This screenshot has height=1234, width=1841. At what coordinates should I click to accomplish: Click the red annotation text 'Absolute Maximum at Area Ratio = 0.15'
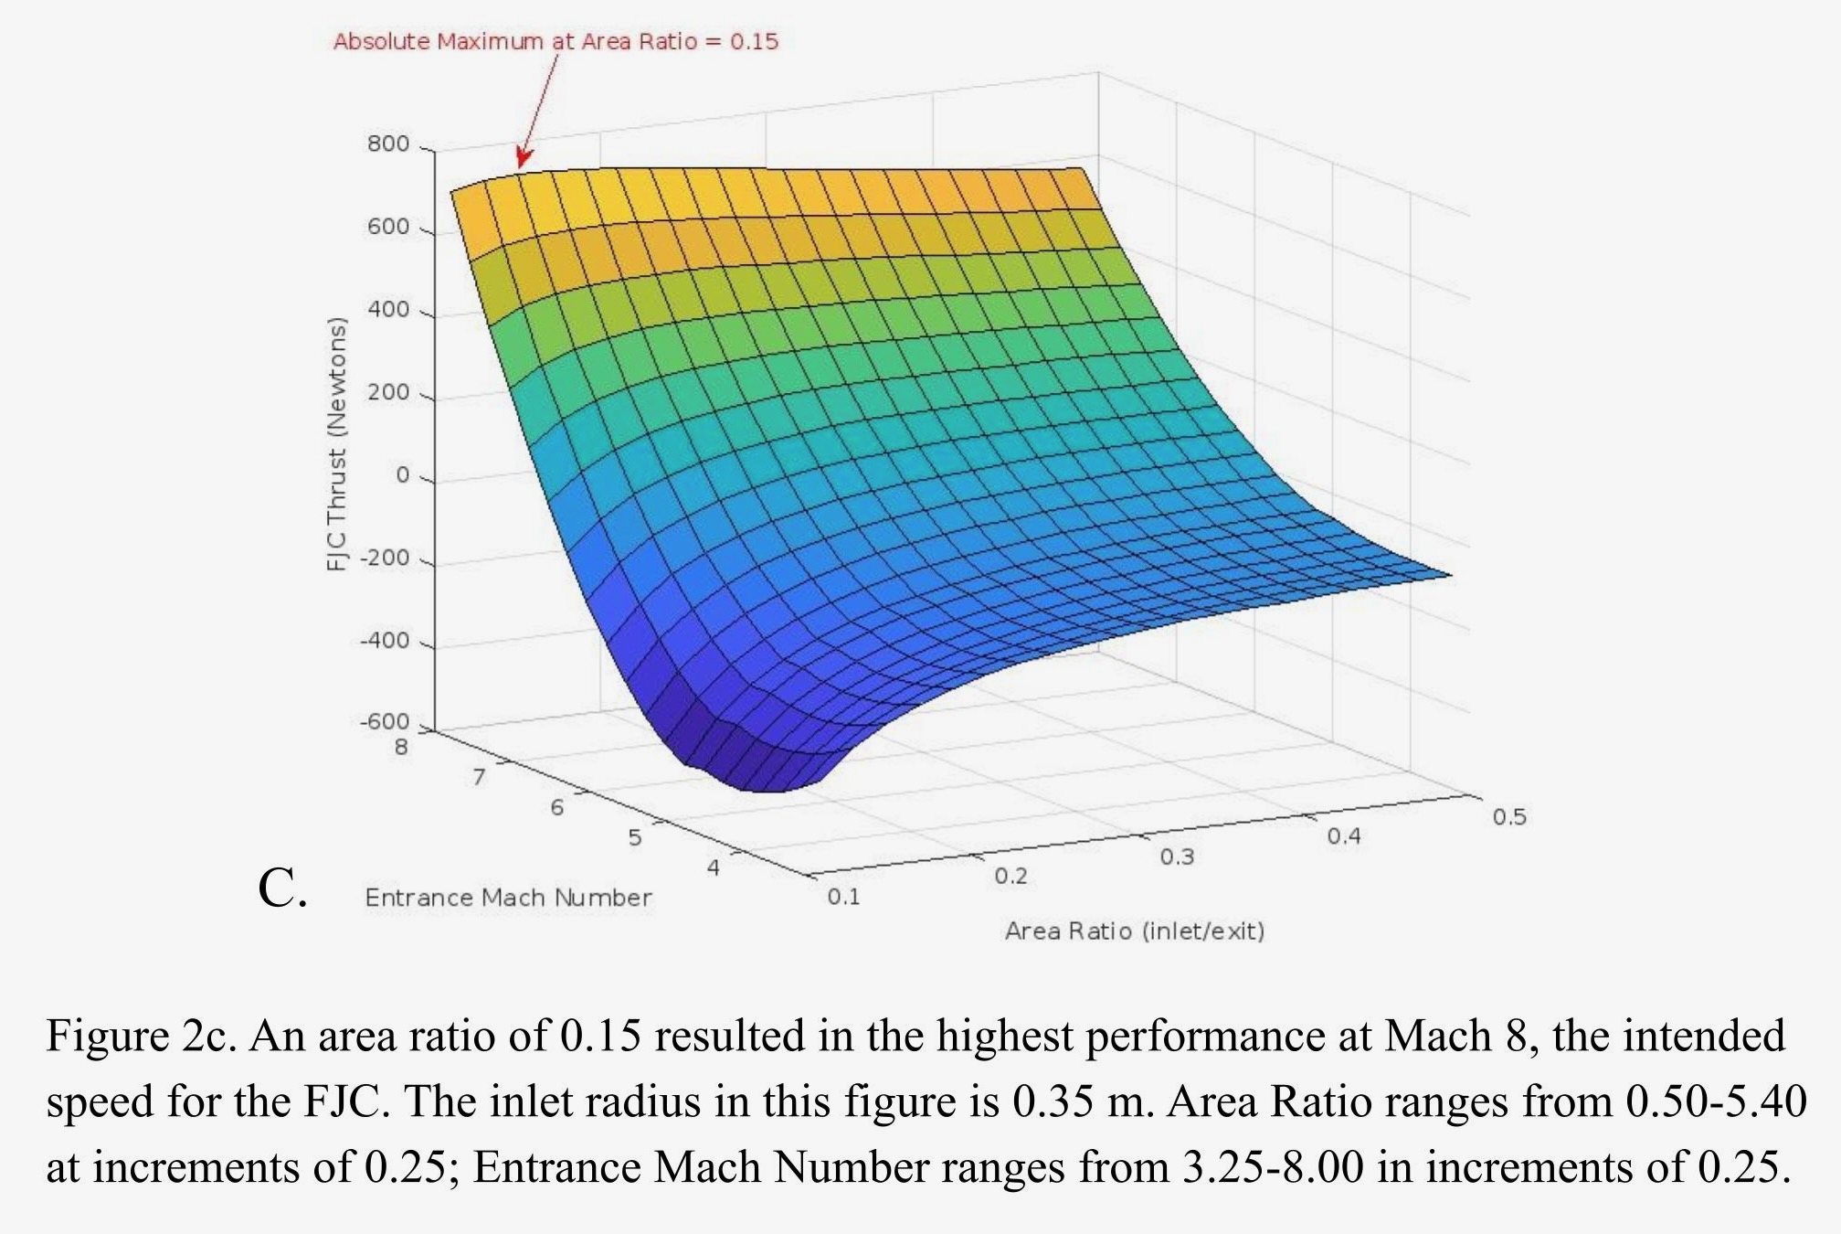[x=555, y=41]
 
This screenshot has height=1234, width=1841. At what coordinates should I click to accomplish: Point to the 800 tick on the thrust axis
[x=388, y=144]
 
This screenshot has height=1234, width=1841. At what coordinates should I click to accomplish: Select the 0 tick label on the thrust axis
[x=402, y=475]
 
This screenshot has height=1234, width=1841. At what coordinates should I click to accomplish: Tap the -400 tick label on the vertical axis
[x=385, y=641]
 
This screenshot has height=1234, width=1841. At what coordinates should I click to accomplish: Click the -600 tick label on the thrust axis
[x=385, y=722]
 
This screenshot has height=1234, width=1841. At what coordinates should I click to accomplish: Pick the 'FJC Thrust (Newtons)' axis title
[x=337, y=444]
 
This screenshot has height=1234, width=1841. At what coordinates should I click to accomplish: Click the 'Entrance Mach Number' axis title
[x=508, y=898]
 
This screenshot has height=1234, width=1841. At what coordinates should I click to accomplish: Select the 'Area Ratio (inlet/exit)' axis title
[x=1135, y=931]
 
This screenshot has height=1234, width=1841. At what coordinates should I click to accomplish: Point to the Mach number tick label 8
[x=401, y=748]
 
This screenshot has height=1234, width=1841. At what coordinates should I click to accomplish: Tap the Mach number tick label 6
[x=556, y=808]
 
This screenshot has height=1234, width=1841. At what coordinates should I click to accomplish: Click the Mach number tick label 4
[x=714, y=867]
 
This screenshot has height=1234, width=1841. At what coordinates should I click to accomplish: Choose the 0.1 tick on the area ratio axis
[x=843, y=897]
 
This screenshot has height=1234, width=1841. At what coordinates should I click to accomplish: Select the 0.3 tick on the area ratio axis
[x=1177, y=857]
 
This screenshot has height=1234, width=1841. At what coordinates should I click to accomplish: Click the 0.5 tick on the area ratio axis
[x=1509, y=817]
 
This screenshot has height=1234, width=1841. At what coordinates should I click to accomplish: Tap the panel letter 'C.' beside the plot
[x=282, y=888]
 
